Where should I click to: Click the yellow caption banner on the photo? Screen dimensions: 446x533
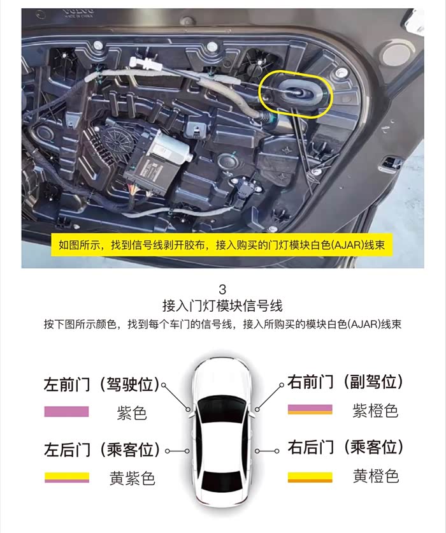(x=222, y=245)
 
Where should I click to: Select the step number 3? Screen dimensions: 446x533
(x=222, y=289)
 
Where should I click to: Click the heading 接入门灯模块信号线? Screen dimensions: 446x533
(x=222, y=305)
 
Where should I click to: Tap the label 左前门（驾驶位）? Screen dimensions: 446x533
(x=101, y=384)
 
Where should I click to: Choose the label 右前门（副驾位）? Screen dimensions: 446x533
(x=345, y=381)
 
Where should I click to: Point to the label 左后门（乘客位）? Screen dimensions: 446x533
(x=101, y=449)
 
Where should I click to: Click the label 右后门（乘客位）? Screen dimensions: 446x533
(x=345, y=447)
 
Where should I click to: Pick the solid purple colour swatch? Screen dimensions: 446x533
(x=66, y=411)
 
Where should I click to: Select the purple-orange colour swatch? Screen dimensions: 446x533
(x=310, y=409)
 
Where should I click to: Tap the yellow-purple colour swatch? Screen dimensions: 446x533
(x=67, y=478)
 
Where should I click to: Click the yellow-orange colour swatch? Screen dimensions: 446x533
(x=310, y=478)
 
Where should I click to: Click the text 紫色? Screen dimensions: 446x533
(x=132, y=413)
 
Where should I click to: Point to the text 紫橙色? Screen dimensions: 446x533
(x=375, y=411)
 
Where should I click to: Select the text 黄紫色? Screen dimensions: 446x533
(x=132, y=478)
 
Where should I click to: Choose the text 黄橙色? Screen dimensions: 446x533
(x=376, y=476)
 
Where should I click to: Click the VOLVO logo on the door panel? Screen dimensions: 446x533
(x=78, y=13)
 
